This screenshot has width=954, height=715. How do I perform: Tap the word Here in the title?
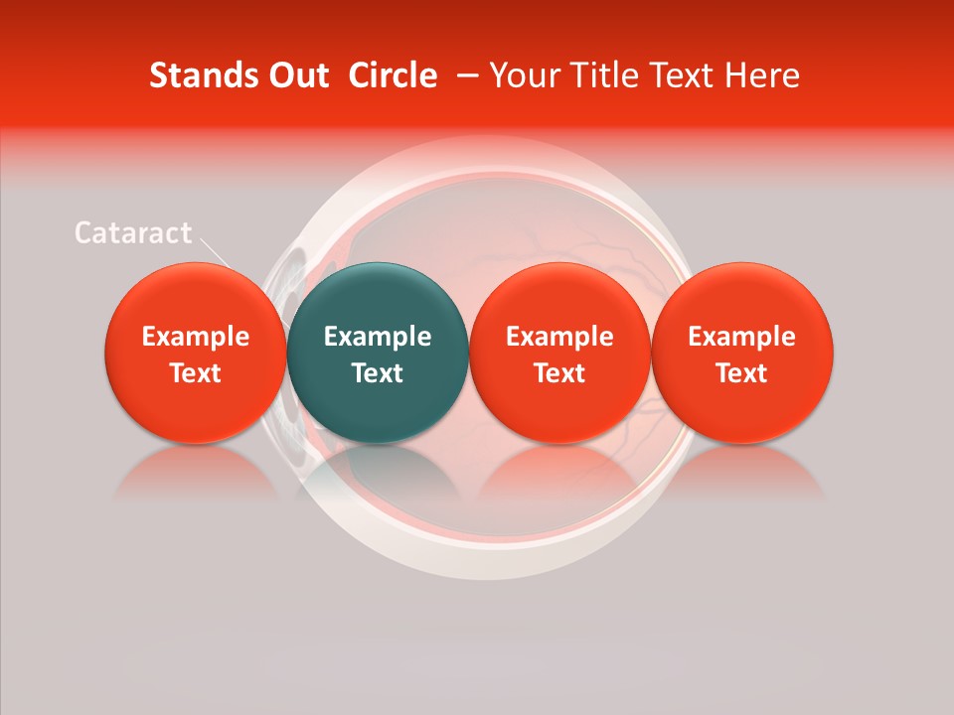coord(763,75)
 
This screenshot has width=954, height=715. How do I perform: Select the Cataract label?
coord(133,233)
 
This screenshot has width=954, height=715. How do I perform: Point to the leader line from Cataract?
coord(219,253)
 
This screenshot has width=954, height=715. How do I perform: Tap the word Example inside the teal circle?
coord(378,337)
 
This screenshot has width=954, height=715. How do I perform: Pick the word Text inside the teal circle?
coord(378,373)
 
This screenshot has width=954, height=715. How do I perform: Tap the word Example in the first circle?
coord(196,337)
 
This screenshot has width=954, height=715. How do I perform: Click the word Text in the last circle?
coord(742,373)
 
